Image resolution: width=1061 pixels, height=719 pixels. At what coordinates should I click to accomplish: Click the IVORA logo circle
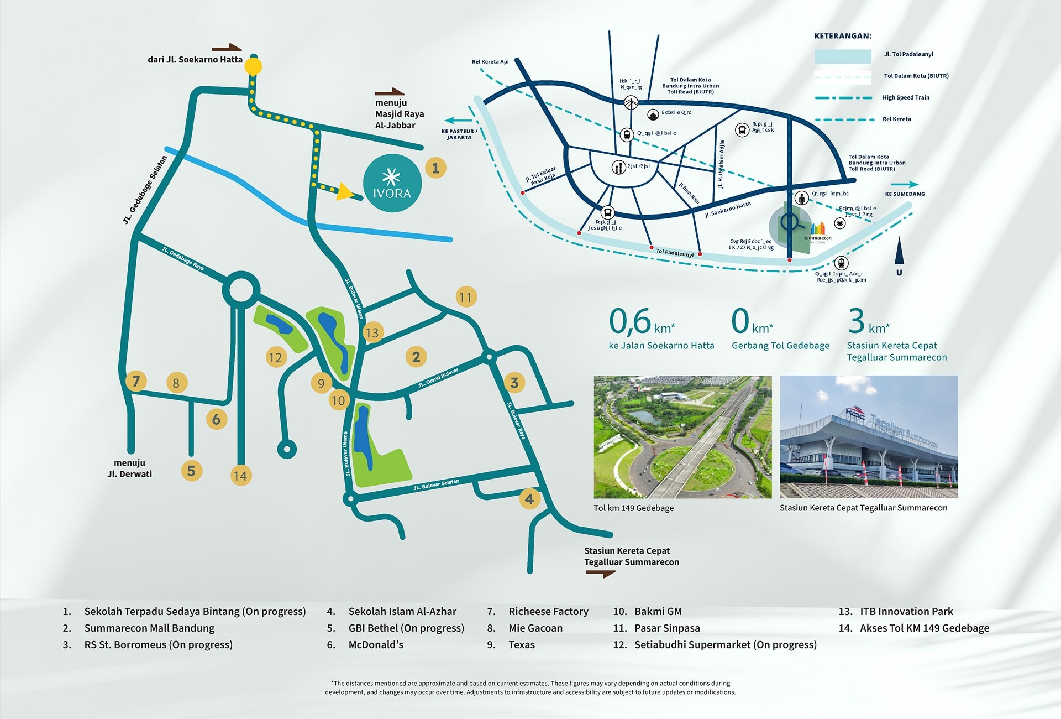392,183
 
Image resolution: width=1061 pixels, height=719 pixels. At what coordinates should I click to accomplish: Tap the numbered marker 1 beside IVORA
435,168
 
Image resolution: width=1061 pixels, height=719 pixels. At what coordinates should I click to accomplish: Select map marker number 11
465,297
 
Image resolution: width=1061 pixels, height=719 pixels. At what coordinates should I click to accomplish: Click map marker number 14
240,476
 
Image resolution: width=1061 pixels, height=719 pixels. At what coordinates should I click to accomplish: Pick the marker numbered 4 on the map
529,499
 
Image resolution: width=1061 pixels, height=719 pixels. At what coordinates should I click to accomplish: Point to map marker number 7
136,381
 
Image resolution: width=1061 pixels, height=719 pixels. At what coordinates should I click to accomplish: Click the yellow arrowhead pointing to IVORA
345,191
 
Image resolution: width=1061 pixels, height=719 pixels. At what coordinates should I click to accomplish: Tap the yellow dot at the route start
253,67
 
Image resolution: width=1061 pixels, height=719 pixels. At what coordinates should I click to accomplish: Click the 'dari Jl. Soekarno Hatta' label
195,60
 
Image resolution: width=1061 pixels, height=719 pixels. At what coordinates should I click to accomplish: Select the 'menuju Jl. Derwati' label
129,468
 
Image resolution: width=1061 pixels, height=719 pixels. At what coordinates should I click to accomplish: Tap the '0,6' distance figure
630,321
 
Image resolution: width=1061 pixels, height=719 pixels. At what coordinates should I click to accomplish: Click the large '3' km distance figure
856,321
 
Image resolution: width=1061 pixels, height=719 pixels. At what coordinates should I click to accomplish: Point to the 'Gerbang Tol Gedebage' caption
780,346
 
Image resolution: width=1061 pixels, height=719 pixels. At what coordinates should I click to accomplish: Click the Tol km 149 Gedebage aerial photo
682,437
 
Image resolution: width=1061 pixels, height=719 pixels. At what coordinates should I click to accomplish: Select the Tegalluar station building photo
869,437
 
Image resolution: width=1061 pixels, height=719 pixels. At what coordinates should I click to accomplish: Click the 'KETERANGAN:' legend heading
843,36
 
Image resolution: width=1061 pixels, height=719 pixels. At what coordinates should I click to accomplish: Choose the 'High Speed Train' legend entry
906,98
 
